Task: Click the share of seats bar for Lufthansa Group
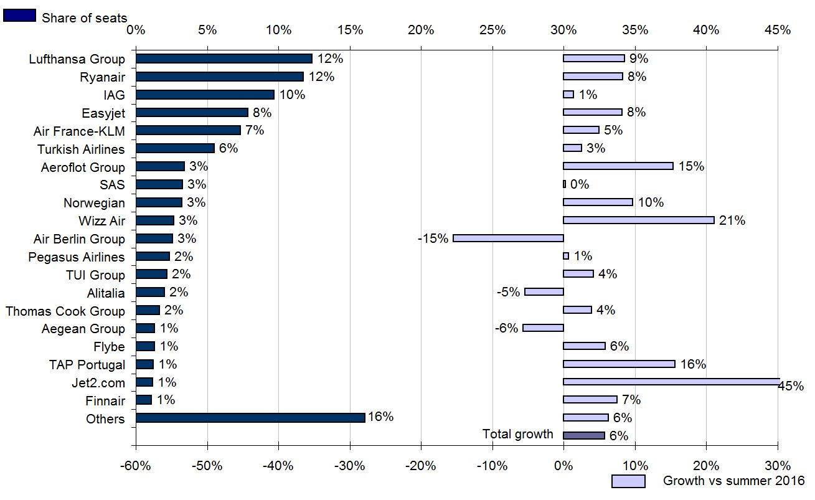224,59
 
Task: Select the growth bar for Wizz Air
639,220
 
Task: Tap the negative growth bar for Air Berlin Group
508,238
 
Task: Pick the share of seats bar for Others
250,418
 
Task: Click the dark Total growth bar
583,435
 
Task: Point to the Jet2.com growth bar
671,382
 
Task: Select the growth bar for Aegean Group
543,328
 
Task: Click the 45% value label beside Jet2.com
791,387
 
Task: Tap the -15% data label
433,238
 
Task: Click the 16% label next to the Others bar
380,417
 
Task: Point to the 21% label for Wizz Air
732,220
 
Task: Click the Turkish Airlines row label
81,149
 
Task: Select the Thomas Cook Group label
65,311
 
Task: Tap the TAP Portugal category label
87,365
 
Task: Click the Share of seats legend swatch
19,16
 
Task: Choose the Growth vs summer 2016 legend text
733,481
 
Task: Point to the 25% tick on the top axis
492,30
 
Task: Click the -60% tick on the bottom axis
136,466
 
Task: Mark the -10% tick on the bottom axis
492,466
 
